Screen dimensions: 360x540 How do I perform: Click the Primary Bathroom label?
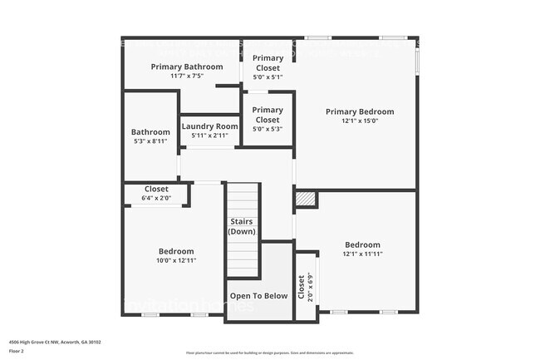point(186,67)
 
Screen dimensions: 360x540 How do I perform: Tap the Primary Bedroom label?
point(359,111)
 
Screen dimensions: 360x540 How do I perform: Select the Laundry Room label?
point(209,126)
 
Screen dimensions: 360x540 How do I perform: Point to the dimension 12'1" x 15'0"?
point(359,121)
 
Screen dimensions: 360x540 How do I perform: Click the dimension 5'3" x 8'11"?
point(150,141)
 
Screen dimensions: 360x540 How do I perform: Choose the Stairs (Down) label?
point(242,226)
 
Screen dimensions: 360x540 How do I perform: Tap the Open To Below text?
point(259,295)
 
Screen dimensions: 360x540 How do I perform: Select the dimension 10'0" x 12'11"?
point(176,260)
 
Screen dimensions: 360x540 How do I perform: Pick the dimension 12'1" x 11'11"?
point(362,254)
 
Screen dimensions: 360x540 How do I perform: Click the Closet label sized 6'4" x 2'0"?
point(156,190)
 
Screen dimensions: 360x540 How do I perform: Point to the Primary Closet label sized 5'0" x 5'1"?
point(268,63)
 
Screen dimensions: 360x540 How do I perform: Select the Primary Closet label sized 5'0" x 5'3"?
point(268,115)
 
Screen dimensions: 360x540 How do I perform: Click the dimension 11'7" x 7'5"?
point(186,76)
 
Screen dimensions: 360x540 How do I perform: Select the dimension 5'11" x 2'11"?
point(209,136)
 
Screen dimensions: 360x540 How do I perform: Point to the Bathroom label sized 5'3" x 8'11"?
point(150,132)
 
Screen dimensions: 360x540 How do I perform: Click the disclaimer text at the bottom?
point(269,353)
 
